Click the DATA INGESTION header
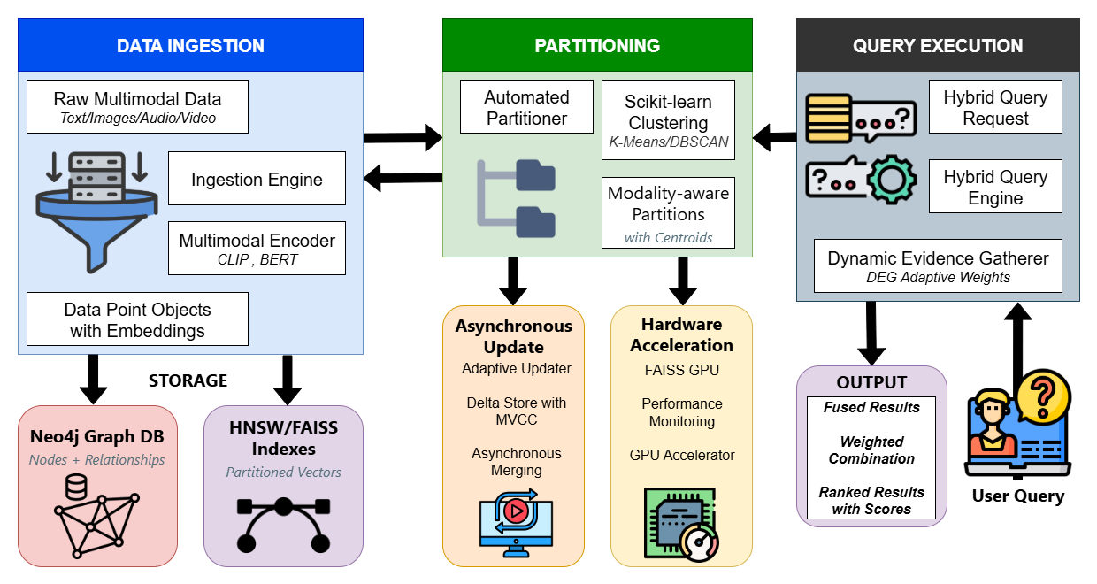[190, 45]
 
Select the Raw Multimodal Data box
[137, 107]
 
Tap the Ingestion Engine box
[257, 180]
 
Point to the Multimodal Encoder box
[257, 249]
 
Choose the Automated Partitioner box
[526, 107]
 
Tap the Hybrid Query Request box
[995, 107]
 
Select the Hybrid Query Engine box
[995, 187]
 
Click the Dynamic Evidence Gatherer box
[938, 266]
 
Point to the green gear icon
[891, 181]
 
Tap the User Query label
[1018, 496]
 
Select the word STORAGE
[188, 380]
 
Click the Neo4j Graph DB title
[97, 436]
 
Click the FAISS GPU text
[682, 368]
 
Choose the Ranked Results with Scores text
[871, 501]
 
